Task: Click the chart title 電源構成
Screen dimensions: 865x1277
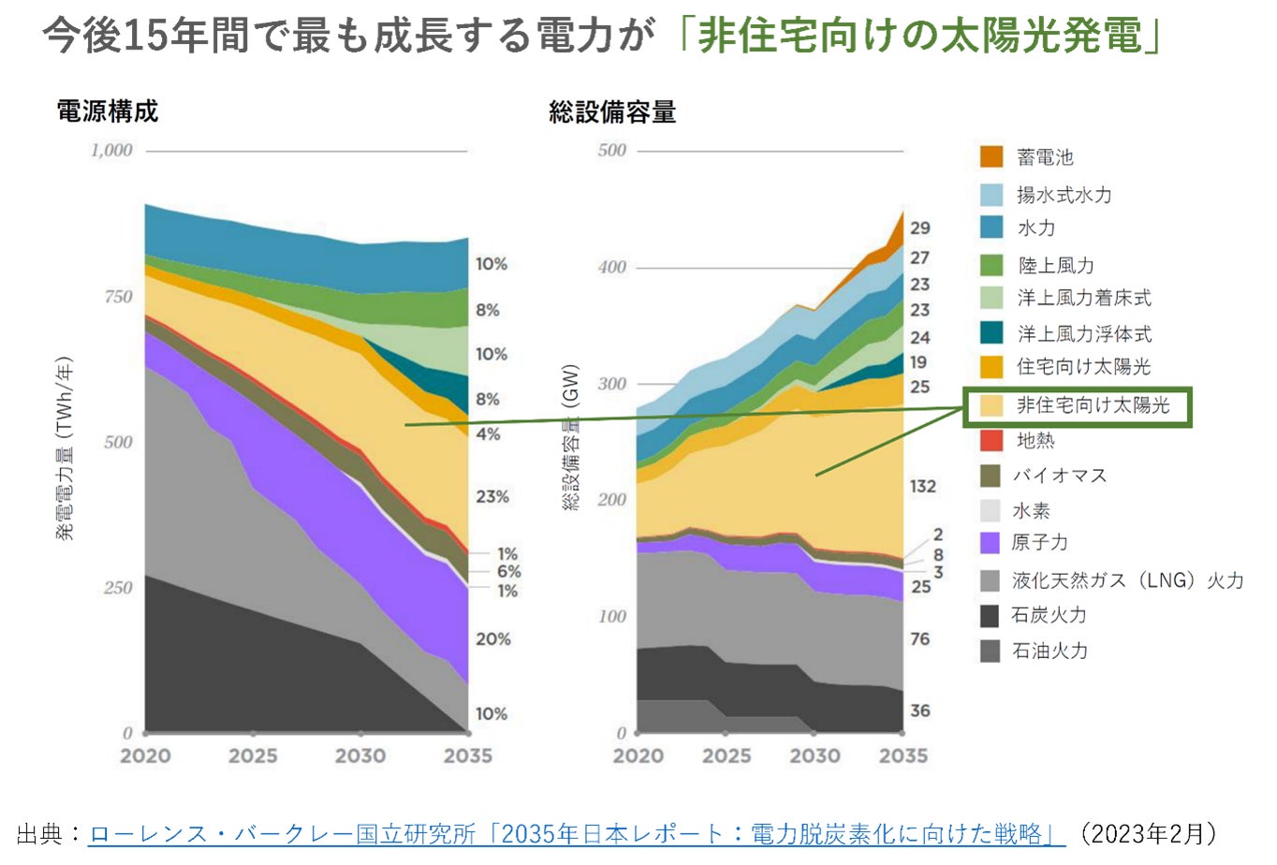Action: [x=108, y=111]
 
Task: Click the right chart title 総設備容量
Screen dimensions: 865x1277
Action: [x=612, y=112]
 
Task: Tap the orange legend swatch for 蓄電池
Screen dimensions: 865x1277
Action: [x=991, y=156]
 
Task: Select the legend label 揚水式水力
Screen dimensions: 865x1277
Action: [x=1064, y=195]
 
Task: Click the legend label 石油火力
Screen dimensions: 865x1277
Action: [x=1050, y=651]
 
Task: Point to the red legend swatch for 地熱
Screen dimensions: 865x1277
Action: [x=991, y=440]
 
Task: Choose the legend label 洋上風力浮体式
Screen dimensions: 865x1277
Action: [x=1084, y=333]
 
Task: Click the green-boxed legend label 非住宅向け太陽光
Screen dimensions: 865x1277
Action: [x=1093, y=405]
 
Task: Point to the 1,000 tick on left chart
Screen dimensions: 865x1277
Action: [x=111, y=150]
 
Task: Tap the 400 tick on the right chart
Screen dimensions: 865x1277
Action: [x=612, y=267]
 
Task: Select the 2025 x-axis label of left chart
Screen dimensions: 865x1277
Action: [x=253, y=755]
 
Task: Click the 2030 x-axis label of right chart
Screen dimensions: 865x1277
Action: [x=815, y=755]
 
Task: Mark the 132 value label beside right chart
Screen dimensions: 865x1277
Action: [x=922, y=486]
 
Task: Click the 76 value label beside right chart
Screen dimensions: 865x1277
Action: [x=920, y=638]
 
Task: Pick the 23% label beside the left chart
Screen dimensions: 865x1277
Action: [x=492, y=496]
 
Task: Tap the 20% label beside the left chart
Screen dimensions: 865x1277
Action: [x=492, y=638]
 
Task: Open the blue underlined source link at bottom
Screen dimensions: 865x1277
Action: [x=577, y=833]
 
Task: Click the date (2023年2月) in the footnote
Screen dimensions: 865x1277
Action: [x=1148, y=833]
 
